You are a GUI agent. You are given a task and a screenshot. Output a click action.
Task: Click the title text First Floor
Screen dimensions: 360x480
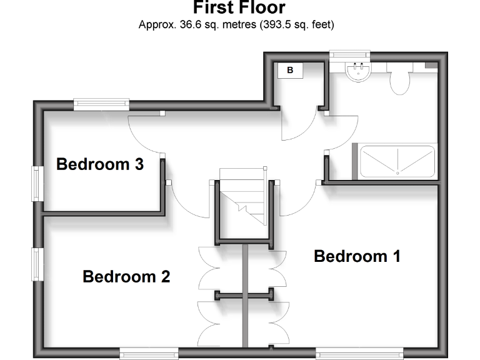click(x=239, y=8)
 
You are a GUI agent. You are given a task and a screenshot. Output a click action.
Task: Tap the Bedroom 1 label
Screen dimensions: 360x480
click(x=357, y=256)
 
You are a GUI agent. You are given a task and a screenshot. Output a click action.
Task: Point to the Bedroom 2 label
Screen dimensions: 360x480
click(x=126, y=276)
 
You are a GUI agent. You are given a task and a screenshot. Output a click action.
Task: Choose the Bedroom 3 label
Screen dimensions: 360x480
click(x=100, y=164)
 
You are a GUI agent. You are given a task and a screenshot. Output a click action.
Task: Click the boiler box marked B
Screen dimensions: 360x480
click(x=290, y=70)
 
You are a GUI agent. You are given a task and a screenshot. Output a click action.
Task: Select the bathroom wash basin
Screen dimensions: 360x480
click(x=359, y=71)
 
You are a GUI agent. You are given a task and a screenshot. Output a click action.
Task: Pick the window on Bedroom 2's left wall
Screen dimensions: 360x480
click(x=37, y=264)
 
